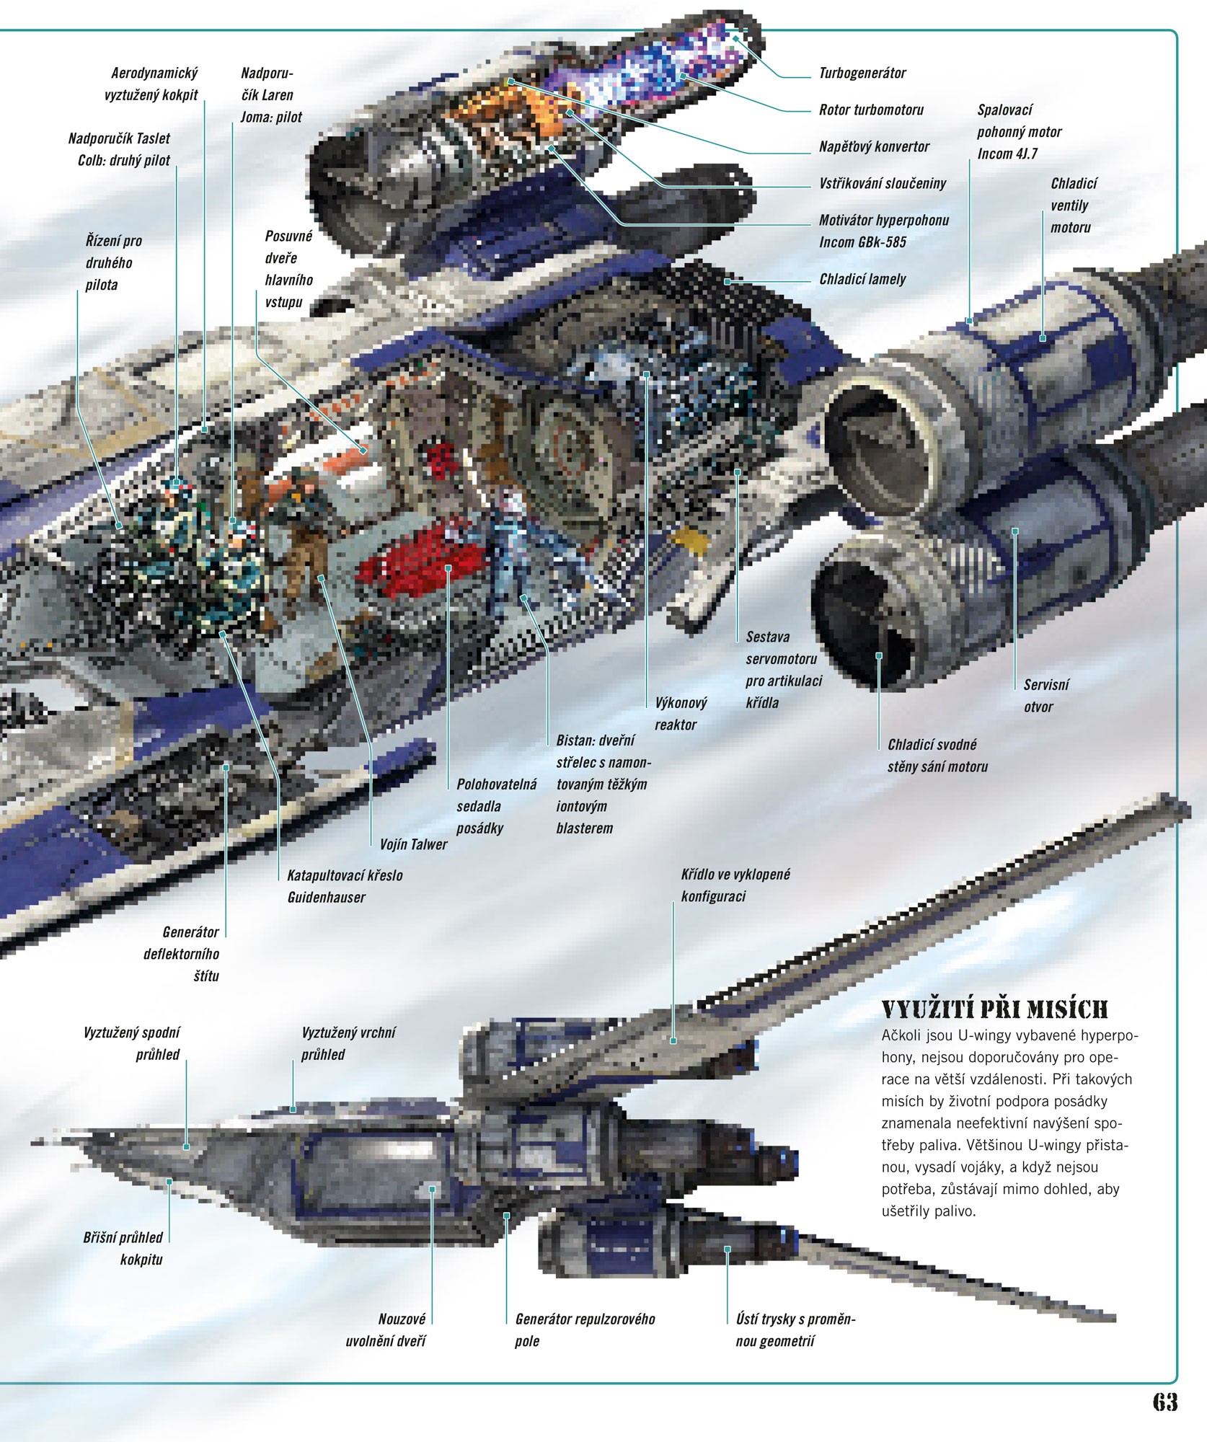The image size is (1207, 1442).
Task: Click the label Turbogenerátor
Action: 862,74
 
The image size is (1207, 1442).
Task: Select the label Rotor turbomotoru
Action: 871,110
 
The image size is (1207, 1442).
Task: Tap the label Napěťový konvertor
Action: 874,147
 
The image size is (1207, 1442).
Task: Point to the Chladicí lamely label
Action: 862,280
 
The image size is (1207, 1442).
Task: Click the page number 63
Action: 1164,1401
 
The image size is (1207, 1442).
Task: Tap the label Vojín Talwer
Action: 413,844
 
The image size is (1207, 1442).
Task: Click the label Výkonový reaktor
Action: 680,714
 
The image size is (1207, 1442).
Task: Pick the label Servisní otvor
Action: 1045,696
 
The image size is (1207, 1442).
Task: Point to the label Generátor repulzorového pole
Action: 584,1330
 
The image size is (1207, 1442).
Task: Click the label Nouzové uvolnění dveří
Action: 386,1330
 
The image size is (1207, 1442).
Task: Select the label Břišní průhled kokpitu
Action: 123,1248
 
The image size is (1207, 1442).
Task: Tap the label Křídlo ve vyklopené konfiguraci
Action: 735,885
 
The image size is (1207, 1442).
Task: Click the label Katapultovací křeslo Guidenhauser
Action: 345,886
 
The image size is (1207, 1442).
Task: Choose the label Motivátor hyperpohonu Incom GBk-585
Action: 883,231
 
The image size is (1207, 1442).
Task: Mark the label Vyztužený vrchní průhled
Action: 348,1043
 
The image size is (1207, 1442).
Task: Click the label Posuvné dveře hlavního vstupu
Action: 288,269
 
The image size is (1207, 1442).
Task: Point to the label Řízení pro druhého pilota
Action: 113,263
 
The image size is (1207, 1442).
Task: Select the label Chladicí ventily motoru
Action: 1073,205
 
